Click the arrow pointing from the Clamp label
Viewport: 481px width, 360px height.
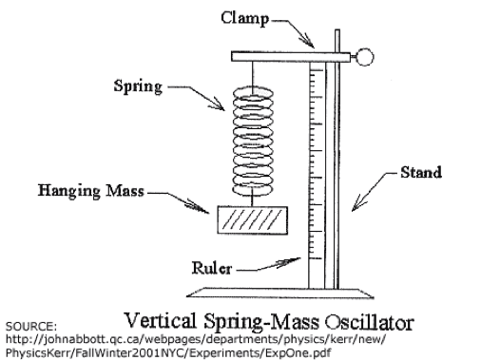tap(303, 32)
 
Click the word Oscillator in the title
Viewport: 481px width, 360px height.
tap(367, 314)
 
